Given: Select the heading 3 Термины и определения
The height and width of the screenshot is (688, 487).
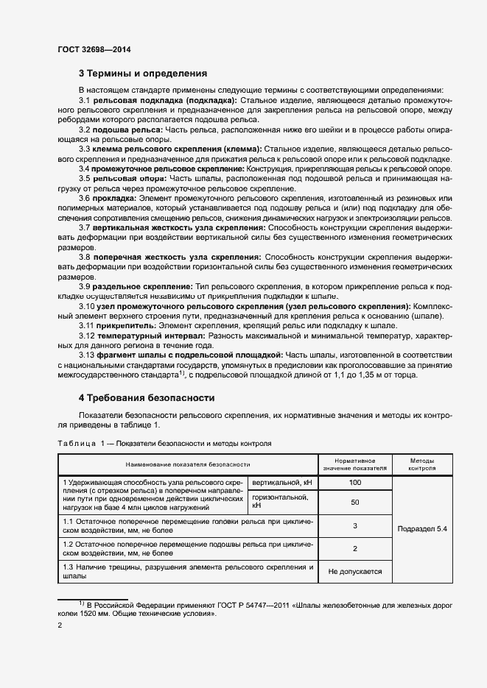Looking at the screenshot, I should (142, 74).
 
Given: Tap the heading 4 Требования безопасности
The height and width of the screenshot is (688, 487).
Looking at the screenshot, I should (146, 398).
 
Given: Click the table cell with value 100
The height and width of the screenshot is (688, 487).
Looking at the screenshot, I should (355, 482).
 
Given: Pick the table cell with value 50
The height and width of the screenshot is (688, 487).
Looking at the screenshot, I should (355, 502).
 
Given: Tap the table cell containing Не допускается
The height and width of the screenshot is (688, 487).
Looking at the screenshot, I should (355, 571).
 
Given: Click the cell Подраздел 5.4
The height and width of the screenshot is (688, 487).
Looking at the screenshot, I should (421, 528).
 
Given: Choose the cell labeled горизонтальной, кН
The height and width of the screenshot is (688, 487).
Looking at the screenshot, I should (283, 501).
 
